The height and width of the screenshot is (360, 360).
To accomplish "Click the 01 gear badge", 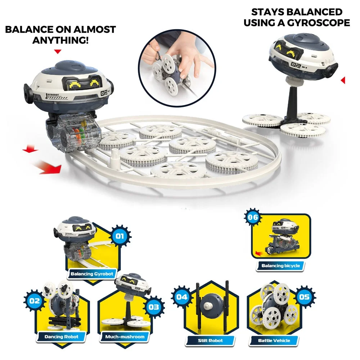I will [x=120, y=237].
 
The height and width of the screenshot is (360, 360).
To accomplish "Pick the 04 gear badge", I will [x=182, y=297].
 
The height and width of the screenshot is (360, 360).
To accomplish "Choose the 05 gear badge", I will [x=304, y=297].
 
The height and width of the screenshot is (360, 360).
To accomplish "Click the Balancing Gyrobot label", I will [x=92, y=274].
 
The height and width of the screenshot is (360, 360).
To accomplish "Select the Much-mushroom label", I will [x=125, y=337].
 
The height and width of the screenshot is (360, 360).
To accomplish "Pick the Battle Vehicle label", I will [x=274, y=340].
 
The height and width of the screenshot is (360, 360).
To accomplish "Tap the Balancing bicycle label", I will [x=280, y=266].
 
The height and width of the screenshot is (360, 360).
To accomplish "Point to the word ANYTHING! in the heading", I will [x=60, y=40].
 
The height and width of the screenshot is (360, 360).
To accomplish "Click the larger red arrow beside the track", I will [x=48, y=167].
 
